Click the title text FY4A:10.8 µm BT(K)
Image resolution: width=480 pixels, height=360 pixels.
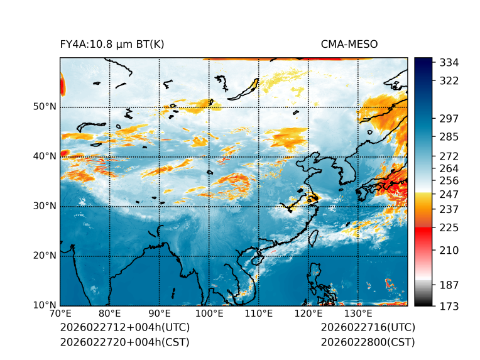(x=112, y=45)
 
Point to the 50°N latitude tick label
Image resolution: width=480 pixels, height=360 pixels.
(x=45, y=107)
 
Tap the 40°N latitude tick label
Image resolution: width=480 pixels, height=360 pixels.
(x=45, y=156)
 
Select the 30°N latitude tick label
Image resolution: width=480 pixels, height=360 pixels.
(x=45, y=206)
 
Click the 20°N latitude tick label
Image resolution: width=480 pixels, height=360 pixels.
(x=45, y=256)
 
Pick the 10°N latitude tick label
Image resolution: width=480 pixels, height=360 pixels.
(x=45, y=305)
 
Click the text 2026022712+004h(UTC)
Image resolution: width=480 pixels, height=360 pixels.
(x=124, y=328)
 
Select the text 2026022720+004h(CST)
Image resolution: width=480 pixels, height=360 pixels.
(x=124, y=342)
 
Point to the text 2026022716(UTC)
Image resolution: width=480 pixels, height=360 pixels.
(x=368, y=328)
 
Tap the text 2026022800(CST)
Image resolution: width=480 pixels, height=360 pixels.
(x=368, y=342)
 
